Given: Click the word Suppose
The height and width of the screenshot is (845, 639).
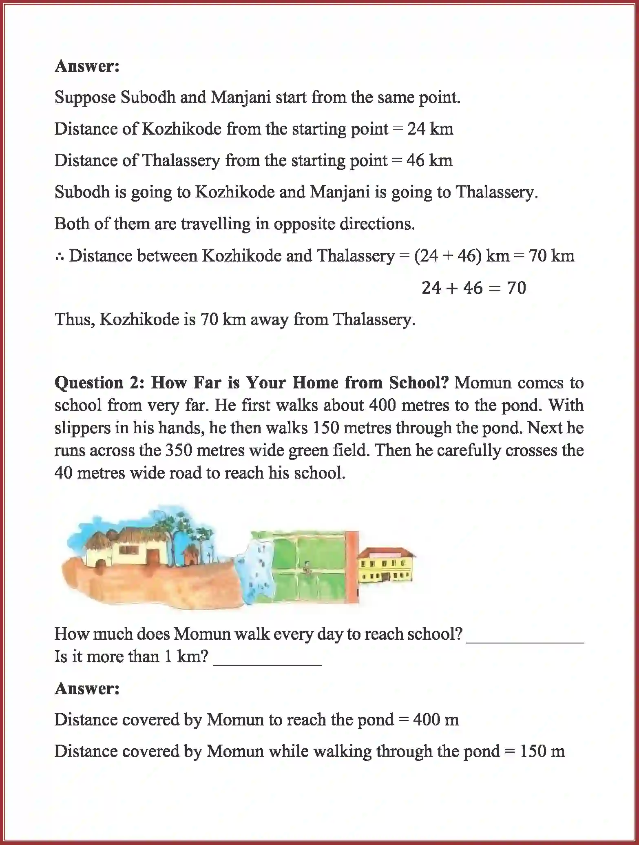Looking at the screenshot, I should [x=85, y=98].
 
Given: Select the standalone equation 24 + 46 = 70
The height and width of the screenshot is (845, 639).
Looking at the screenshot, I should [x=474, y=288].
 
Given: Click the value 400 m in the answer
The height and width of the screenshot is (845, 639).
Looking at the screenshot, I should [x=436, y=720].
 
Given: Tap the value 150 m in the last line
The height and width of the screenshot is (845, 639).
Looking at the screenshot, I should [x=542, y=751].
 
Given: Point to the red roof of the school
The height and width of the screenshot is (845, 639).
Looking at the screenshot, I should [x=385, y=553].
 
